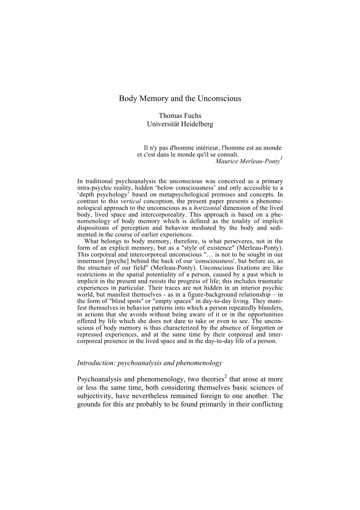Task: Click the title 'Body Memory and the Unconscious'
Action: (x=180, y=98)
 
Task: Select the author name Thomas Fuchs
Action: (x=180, y=115)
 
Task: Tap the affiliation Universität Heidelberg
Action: (x=180, y=124)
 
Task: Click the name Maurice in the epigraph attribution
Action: (x=227, y=161)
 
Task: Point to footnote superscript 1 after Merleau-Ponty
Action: (x=282, y=158)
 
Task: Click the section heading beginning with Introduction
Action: (x=150, y=363)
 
